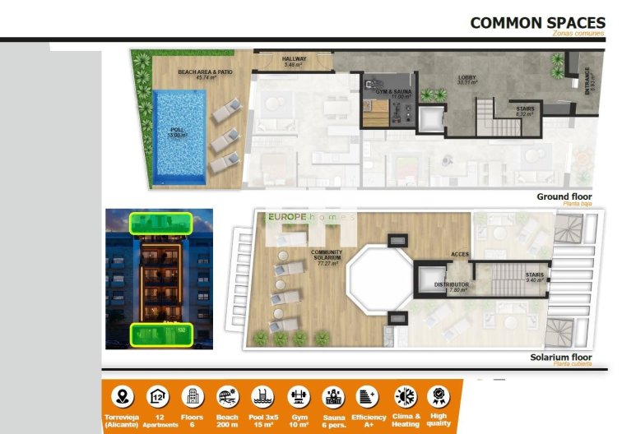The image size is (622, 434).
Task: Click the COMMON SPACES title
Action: click(x=538, y=22)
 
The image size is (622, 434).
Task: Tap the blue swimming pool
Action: click(x=179, y=136)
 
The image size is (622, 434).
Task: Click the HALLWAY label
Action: click(x=294, y=61)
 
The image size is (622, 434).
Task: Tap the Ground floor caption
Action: click(x=564, y=197)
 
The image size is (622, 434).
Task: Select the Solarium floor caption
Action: click(x=561, y=358)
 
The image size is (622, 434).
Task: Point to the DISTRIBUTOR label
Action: click(x=453, y=285)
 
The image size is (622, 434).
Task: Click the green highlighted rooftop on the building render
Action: click(x=160, y=222)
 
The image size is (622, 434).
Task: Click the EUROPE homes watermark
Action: click(x=310, y=217)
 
